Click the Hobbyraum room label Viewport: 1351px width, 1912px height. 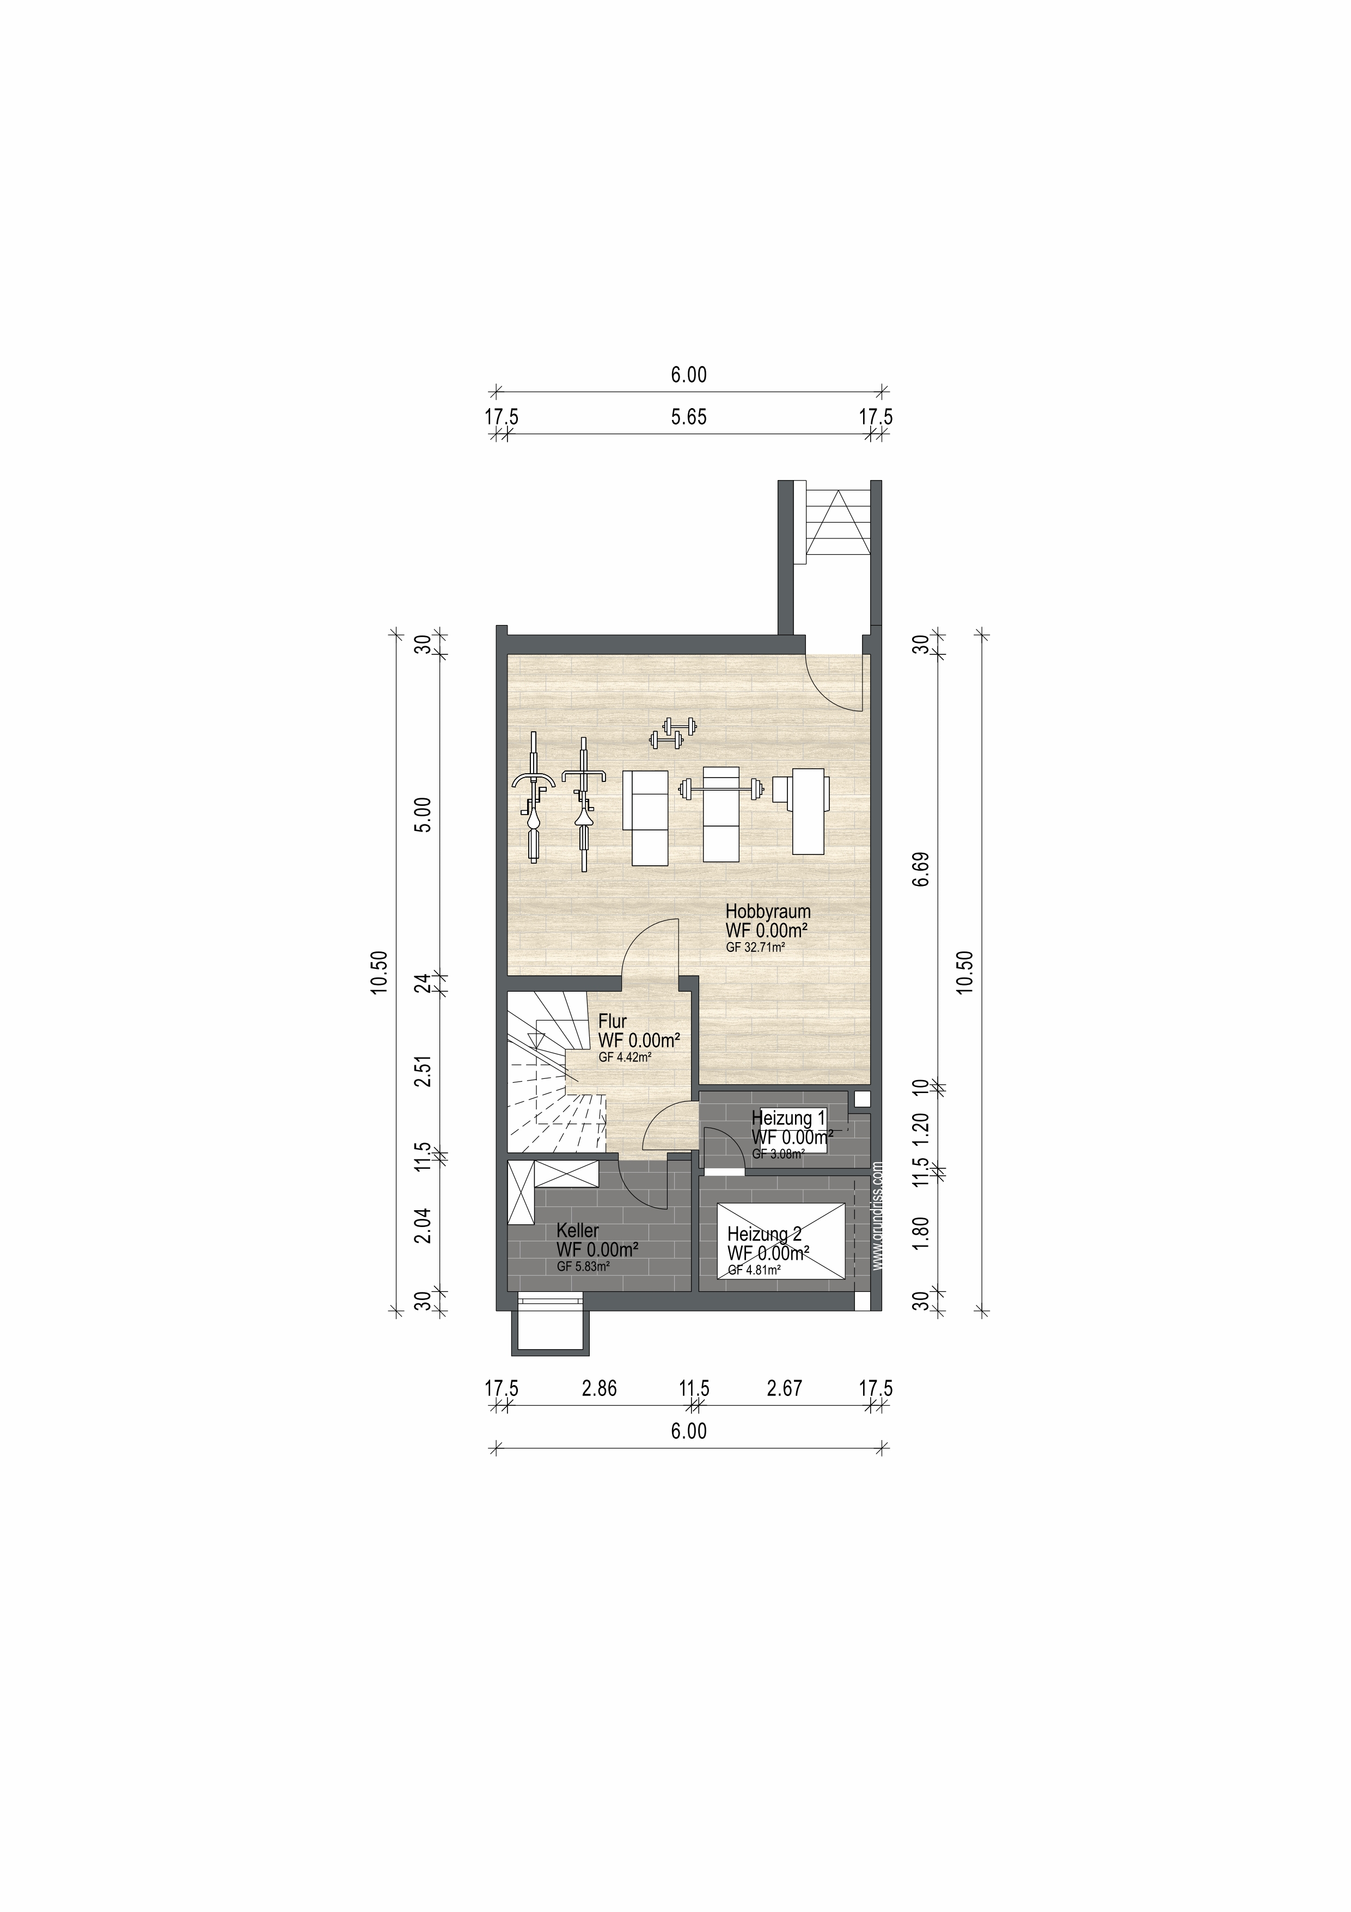[767, 911]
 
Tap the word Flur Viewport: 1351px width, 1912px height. [613, 1021]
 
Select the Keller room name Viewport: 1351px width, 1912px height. [578, 1231]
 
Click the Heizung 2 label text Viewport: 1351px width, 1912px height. [764, 1235]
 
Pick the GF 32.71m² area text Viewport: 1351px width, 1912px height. [756, 947]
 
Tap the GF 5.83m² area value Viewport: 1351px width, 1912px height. [584, 1267]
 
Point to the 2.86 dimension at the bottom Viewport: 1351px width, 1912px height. [600, 1388]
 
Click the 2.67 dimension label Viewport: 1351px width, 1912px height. [784, 1388]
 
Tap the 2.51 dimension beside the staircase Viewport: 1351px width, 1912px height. [424, 1071]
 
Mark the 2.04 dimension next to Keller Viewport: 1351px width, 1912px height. [424, 1225]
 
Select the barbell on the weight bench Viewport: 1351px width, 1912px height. [721, 786]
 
